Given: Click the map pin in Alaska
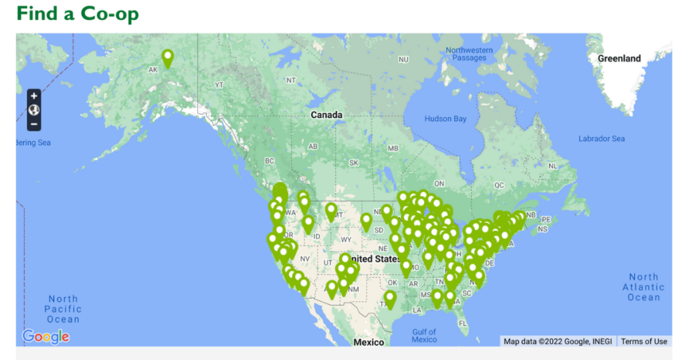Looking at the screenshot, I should [167, 58].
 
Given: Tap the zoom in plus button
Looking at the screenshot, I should [34, 96].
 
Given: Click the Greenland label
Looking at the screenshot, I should [619, 58].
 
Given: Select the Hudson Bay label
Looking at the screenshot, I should [446, 119].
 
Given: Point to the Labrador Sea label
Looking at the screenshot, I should [601, 139].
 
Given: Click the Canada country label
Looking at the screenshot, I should [326, 115].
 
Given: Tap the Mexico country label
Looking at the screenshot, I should [369, 342].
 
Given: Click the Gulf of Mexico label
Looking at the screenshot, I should [424, 335].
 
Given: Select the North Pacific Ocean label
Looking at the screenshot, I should [63, 309].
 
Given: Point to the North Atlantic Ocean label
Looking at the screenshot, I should [644, 287].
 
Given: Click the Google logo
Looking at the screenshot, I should [45, 336].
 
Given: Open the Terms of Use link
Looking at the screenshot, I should [644, 341].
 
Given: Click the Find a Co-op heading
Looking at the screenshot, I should [78, 13].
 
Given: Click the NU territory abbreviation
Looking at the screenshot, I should [403, 60].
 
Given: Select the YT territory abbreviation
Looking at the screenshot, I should [219, 85].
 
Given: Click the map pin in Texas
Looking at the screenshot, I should [390, 299].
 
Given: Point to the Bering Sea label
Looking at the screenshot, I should [33, 143].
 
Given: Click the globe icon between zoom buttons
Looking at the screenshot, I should [34, 110].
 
